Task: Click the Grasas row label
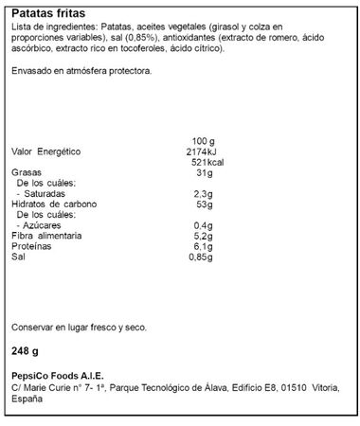[x=27, y=172]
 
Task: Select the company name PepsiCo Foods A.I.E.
[x=59, y=376]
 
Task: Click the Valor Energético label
[x=46, y=151]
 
